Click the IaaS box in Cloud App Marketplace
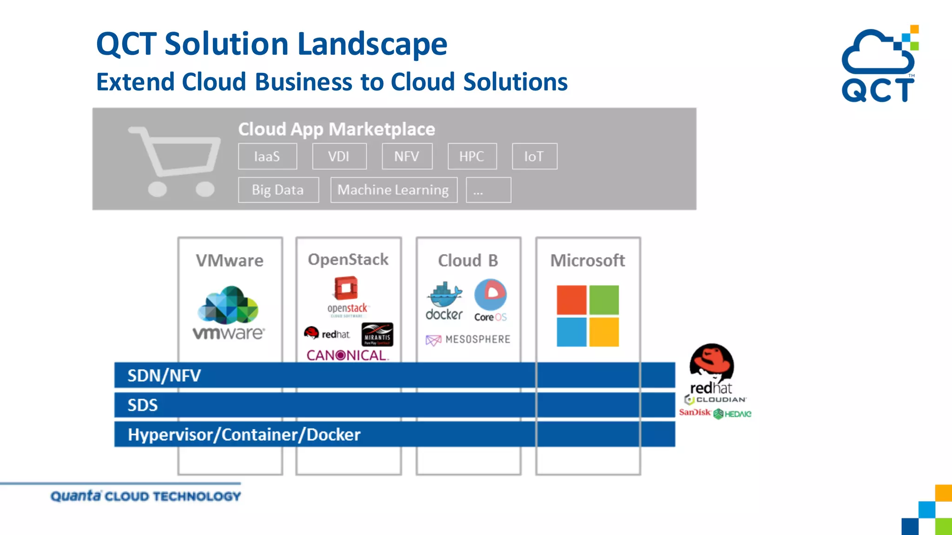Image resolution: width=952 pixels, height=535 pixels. (267, 157)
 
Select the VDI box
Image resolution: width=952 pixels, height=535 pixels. (339, 157)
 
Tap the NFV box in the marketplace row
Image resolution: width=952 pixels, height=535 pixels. (407, 157)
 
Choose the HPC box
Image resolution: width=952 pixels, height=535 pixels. (472, 157)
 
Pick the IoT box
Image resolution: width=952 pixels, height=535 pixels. (534, 157)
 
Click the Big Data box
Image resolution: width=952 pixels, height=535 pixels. (278, 190)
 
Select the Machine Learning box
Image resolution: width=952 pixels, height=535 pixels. (393, 190)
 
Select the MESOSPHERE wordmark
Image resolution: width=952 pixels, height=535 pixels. (469, 339)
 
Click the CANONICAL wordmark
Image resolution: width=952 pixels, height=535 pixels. (347, 355)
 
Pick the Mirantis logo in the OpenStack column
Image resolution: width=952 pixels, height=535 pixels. (377, 334)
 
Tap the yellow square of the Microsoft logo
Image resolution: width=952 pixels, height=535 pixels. (604, 332)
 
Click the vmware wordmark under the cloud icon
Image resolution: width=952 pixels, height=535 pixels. (229, 333)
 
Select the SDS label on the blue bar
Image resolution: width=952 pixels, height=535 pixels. (143, 405)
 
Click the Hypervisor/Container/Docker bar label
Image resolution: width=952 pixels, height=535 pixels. (244, 435)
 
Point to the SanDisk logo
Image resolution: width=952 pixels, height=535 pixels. (694, 412)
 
